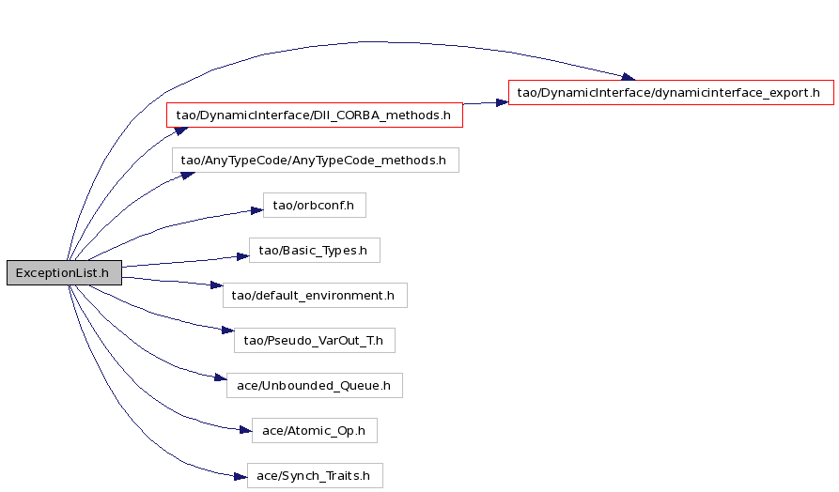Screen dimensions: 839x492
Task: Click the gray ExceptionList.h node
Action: click(64, 272)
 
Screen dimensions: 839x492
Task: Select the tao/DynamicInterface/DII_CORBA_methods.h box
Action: click(315, 115)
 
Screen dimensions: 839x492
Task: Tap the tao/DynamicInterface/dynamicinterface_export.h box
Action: click(671, 93)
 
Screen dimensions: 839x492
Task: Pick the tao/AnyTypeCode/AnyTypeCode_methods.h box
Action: click(315, 160)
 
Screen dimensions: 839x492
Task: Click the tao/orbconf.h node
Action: click(315, 206)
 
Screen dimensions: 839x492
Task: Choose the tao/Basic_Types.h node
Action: click(315, 251)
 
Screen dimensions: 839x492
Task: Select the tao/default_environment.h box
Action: click(315, 295)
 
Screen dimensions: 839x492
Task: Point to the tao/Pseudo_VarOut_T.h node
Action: click(315, 340)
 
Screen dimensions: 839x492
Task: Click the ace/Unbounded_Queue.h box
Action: click(315, 386)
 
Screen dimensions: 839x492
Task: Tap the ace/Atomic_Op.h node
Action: click(315, 430)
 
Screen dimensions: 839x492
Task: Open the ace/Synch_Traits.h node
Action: click(315, 475)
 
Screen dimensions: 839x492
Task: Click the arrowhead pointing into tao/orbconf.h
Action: click(256, 210)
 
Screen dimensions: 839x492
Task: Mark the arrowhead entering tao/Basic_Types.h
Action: click(243, 256)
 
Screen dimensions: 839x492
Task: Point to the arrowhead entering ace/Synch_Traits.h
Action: click(241, 476)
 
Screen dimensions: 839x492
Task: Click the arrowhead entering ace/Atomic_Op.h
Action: click(245, 430)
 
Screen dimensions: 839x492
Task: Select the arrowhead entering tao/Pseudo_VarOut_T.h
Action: click(228, 331)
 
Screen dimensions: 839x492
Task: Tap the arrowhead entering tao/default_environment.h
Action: click(217, 285)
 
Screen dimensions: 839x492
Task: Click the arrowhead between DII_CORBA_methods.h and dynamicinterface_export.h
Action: click(502, 102)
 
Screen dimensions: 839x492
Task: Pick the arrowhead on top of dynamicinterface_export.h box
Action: click(629, 77)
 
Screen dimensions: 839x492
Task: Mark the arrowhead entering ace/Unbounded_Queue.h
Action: click(221, 377)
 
